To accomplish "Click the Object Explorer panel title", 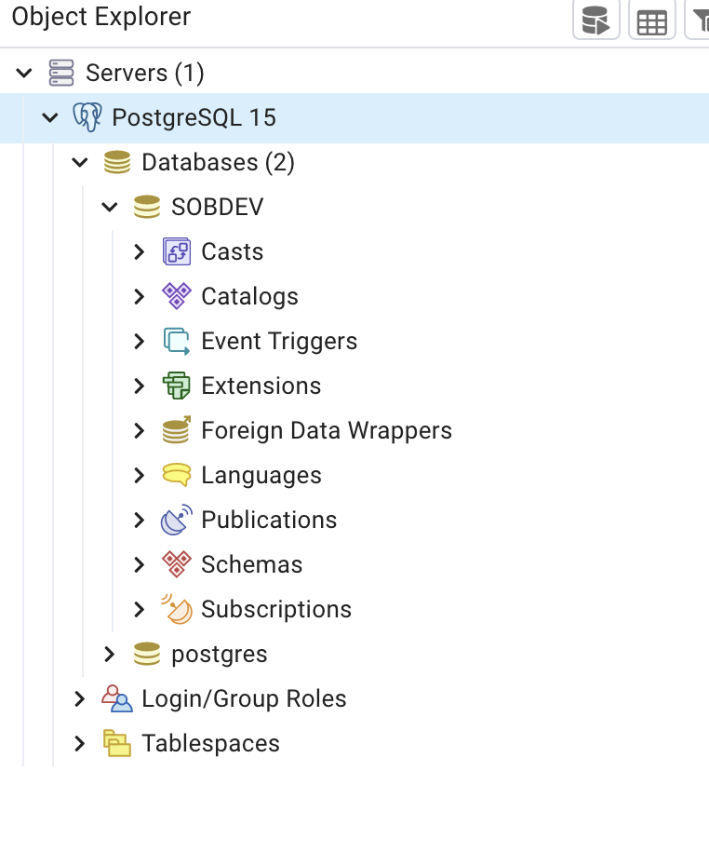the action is coord(100,17).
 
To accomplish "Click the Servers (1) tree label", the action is coord(144,73).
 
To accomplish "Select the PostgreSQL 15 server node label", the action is coord(194,117).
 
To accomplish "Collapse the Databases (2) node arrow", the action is coord(80,163).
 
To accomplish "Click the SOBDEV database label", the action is coord(217,207).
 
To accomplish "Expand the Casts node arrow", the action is coord(140,251).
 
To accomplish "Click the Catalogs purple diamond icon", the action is coord(176,296).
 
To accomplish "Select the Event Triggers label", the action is coord(279,341).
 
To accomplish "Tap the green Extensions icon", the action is coord(176,386).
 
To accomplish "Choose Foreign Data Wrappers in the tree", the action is coord(326,430).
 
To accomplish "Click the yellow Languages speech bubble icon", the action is coord(176,475).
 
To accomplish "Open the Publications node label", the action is coord(269,520).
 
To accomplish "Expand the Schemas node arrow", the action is coord(140,564).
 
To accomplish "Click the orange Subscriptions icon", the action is coord(176,609).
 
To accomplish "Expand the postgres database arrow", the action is coord(110,654).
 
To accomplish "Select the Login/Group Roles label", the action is coord(244,698).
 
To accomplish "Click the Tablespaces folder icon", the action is coord(116,743).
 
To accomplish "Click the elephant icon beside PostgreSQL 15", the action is coord(87,117).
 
